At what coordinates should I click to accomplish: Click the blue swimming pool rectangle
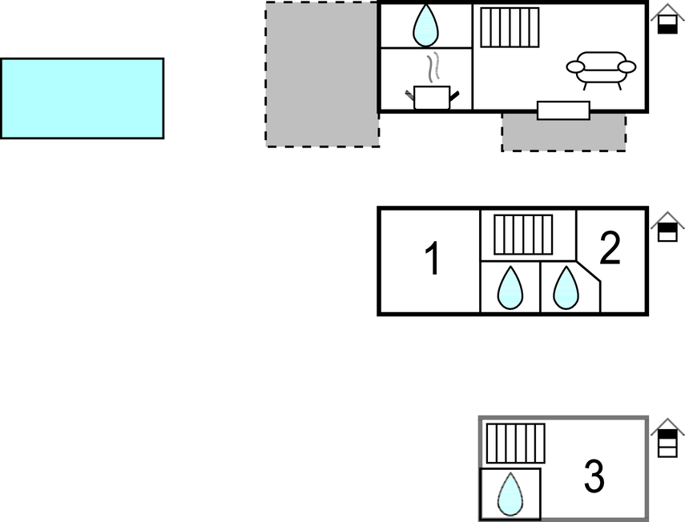tap(82, 98)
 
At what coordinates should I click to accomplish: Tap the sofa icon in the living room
tap(601, 69)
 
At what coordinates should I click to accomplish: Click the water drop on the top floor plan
tap(425, 26)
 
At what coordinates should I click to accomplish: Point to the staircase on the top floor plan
tap(510, 26)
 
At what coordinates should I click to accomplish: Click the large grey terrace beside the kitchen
tap(321, 74)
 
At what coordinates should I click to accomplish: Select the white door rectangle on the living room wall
tap(563, 110)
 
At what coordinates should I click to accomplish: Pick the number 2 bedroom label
tap(610, 249)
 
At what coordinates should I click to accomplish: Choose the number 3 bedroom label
tap(594, 477)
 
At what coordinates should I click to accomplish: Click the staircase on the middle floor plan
tap(523, 235)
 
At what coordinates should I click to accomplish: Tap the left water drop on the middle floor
tap(510, 287)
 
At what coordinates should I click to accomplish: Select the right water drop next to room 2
tap(566, 287)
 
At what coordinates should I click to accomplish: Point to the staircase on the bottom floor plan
tap(515, 444)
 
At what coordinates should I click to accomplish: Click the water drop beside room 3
tap(510, 494)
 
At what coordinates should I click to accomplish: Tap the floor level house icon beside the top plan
tap(667, 20)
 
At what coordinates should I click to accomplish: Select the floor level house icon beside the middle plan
tap(667, 227)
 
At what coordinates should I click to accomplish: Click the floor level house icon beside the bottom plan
tap(667, 438)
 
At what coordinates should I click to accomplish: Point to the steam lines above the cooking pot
tap(434, 68)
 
